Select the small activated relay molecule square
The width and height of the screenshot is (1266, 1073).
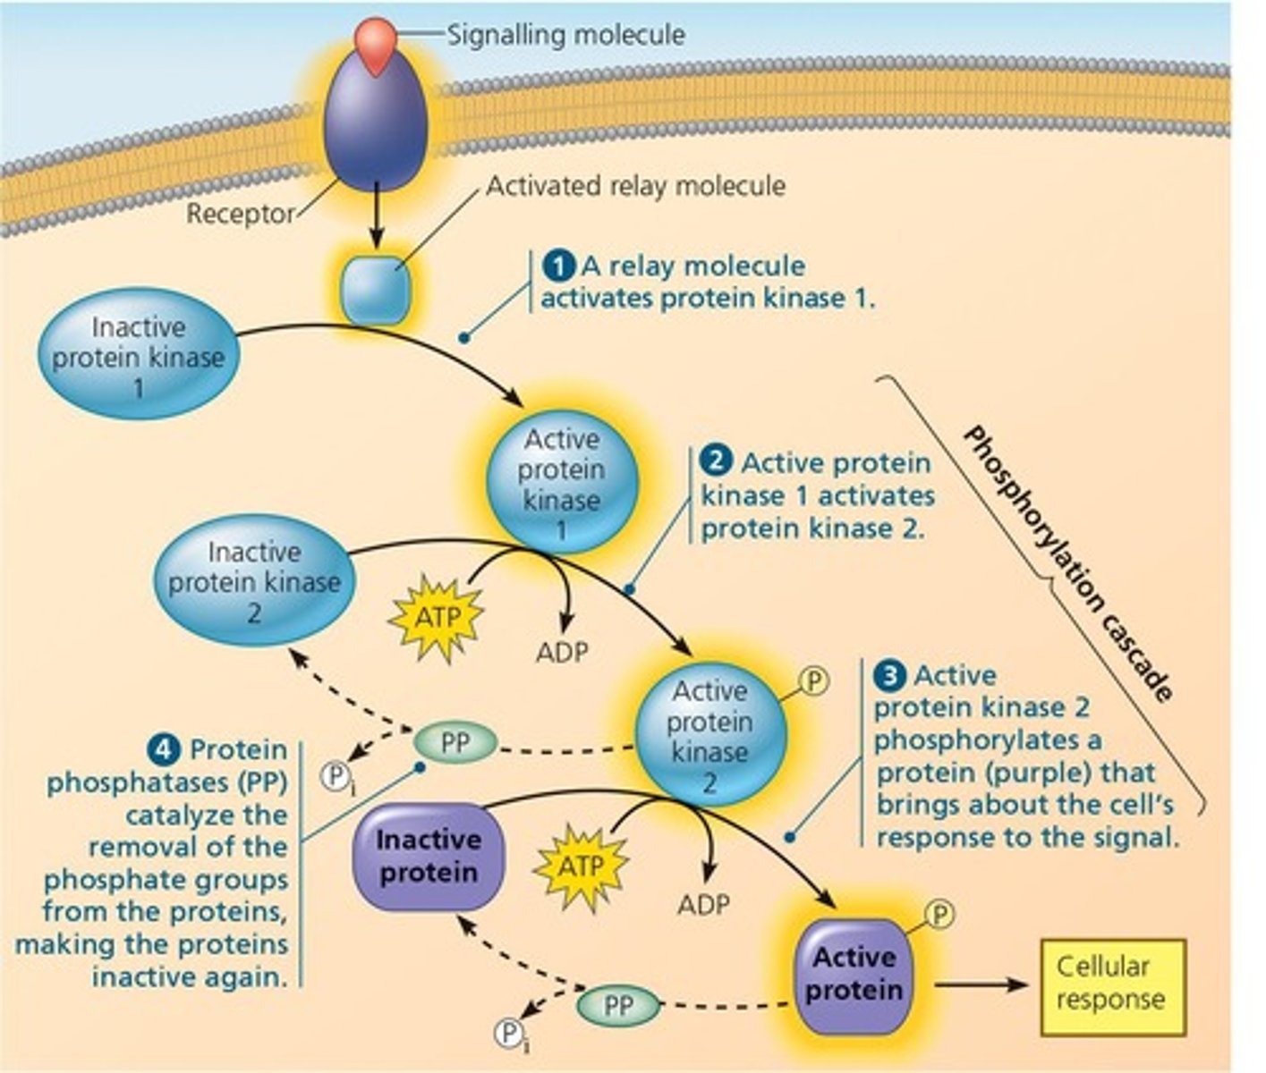point(377,289)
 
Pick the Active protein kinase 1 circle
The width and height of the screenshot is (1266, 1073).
point(562,484)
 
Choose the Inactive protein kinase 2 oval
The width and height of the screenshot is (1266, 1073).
point(254,581)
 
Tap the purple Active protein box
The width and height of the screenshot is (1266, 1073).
point(854,975)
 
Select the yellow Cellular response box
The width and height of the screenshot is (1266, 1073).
point(1110,983)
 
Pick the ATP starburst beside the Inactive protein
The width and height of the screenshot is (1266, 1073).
point(581,866)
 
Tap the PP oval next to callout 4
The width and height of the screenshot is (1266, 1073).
point(455,743)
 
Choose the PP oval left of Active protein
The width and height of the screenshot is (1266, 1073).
point(618,1005)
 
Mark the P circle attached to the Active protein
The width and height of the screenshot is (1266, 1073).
point(939,914)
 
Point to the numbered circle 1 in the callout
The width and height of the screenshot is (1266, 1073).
point(559,266)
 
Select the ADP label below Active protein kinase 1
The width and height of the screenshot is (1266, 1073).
point(563,652)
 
